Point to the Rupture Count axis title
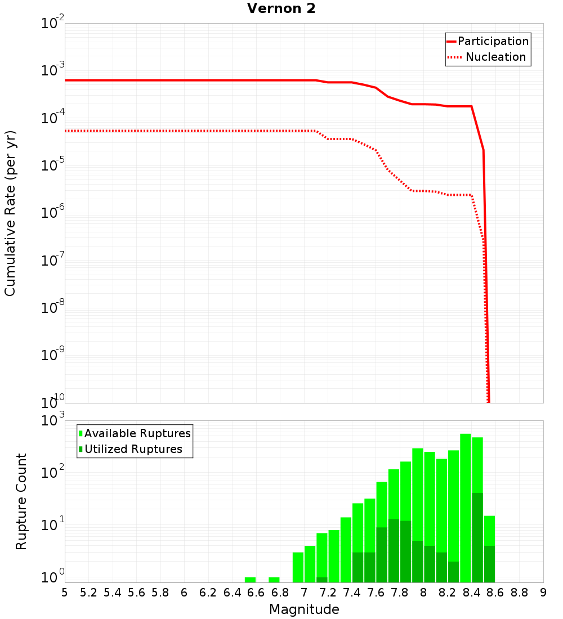tap(21, 501)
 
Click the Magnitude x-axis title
tap(304, 609)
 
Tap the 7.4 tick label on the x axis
tap(352, 593)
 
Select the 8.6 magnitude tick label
tap(495, 593)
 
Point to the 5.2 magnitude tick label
tap(88, 593)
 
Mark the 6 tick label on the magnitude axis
tap(184, 593)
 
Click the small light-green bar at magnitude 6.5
tap(250, 580)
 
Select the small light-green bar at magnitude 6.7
tap(274, 580)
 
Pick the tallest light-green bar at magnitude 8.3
tap(466, 506)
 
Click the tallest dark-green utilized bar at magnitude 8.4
tap(477, 537)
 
